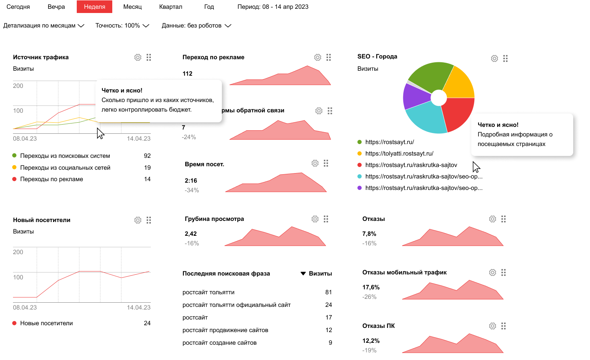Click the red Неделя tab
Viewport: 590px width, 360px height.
tap(94, 7)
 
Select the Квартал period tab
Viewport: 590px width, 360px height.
tap(170, 7)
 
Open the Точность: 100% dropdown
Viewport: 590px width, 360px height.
tap(122, 26)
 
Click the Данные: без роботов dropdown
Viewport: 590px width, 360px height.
tap(196, 26)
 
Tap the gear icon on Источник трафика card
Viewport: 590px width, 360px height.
tap(138, 57)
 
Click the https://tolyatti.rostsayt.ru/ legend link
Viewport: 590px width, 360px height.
tap(399, 154)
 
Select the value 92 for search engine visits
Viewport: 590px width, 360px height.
tap(147, 156)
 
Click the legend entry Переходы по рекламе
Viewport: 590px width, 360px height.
tap(52, 179)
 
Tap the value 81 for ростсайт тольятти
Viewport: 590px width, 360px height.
tap(328, 292)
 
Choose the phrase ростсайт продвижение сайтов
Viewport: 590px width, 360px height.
tap(225, 330)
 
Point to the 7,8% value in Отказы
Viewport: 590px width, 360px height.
tap(369, 234)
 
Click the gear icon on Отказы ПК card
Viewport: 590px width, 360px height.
tap(493, 326)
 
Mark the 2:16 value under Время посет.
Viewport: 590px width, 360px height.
tap(191, 181)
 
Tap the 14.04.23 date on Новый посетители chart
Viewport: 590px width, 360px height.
tap(139, 308)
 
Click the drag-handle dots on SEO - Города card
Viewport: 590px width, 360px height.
tap(505, 58)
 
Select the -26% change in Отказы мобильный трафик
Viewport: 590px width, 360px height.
tap(369, 297)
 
